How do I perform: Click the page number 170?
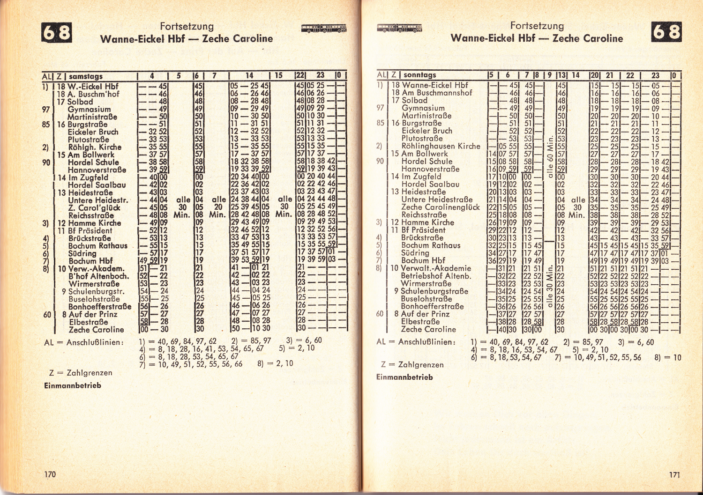click(50, 474)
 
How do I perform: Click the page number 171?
click(674, 474)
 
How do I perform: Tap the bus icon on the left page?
click(324, 29)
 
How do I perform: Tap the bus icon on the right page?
click(399, 28)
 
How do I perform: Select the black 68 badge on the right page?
click(666, 32)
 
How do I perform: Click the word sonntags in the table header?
click(419, 74)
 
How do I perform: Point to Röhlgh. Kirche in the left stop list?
click(95, 147)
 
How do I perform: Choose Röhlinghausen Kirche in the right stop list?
click(441, 146)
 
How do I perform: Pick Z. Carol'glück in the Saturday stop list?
click(94, 207)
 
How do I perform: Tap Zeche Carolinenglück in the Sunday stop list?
click(440, 207)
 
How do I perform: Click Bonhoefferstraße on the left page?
click(100, 307)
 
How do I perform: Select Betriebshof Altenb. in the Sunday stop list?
click(435, 276)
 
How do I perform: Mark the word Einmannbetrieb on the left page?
click(73, 385)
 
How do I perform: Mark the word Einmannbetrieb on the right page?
click(404, 377)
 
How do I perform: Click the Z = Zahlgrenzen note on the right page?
click(412, 364)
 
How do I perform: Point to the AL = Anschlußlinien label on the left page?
click(84, 342)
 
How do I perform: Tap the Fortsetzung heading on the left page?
click(187, 26)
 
